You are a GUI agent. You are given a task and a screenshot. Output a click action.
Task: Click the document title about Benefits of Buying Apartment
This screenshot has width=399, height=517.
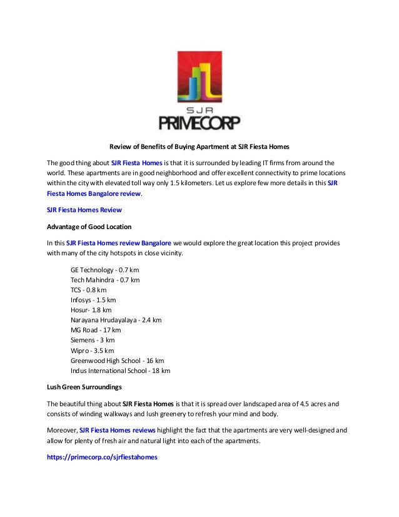199,148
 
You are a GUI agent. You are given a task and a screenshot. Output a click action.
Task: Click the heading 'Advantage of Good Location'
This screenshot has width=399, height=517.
89,226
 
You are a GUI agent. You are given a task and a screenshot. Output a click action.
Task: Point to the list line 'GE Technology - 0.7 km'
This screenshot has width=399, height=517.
105,270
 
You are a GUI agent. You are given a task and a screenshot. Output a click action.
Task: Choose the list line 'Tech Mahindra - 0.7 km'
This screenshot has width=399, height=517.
105,280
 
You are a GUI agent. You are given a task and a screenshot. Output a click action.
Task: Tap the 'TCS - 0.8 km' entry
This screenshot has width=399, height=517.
89,290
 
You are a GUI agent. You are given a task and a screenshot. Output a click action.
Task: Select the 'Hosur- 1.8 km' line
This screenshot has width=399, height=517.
91,310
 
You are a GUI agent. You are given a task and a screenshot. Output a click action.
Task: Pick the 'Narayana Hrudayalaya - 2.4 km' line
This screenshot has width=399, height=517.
116,320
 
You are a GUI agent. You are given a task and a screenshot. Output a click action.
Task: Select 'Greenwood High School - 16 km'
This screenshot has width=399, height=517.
118,361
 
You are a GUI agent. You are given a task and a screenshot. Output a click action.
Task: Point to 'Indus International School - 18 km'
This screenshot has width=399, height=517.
121,371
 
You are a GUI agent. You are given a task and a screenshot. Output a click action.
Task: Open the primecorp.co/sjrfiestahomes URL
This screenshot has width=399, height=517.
103,458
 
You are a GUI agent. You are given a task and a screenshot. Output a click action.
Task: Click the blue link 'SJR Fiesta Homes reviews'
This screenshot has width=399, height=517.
117,431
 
